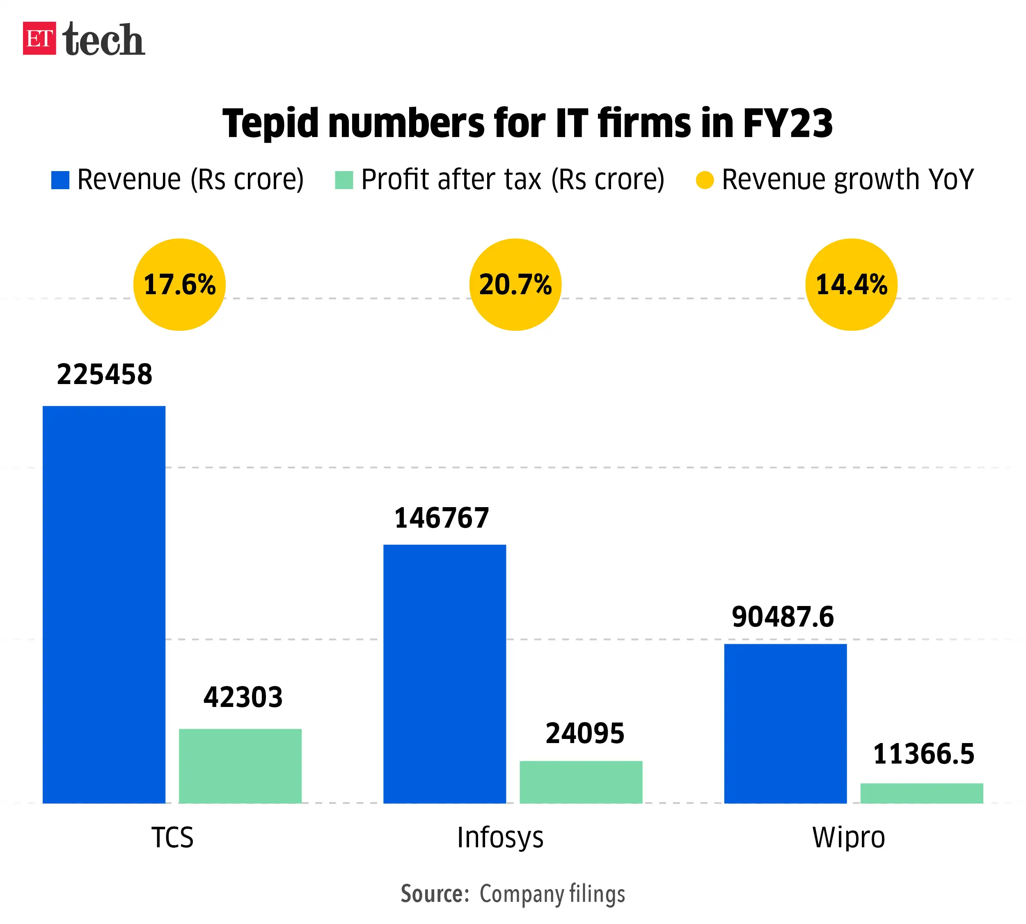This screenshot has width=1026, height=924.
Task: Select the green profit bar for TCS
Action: tap(240, 766)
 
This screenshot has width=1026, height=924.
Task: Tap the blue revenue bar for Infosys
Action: tap(444, 674)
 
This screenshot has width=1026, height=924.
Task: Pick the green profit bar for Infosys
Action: tap(581, 782)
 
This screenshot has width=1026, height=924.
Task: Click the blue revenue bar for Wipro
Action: tap(785, 723)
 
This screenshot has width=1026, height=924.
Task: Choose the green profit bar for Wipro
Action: tap(921, 793)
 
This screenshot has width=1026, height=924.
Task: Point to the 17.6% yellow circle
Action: tap(179, 284)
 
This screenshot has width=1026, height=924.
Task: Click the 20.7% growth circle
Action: tap(515, 284)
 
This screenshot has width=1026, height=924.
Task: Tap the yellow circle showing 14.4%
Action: tap(851, 284)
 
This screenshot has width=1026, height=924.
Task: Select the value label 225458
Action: tap(104, 375)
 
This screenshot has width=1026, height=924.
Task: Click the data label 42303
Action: tap(243, 697)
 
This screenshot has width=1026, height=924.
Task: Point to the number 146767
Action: tap(441, 518)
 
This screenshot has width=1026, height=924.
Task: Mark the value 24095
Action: tap(585, 733)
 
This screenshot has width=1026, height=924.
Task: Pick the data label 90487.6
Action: tap(783, 617)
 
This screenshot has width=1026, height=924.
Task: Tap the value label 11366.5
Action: tap(923, 753)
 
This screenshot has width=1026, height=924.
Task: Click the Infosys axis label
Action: tap(500, 837)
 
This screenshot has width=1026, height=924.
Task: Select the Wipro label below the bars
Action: tap(848, 837)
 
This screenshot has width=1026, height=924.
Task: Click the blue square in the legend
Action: tap(60, 180)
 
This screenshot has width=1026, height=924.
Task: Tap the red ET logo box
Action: tap(39, 38)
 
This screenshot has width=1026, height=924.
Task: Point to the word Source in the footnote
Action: tap(434, 894)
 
